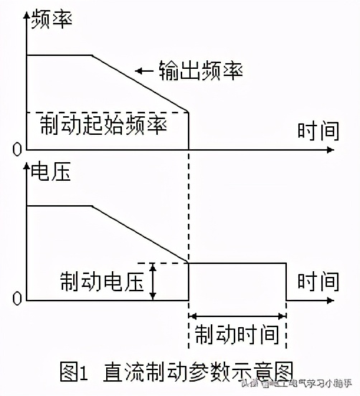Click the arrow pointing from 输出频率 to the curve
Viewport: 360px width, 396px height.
click(145, 70)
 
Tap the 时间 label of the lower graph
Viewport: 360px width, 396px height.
click(318, 280)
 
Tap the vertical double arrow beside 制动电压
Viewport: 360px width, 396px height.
click(153, 281)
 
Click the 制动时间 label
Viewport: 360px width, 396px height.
click(237, 334)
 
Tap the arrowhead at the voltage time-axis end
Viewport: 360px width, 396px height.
click(331, 299)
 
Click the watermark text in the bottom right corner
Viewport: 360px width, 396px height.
click(300, 384)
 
